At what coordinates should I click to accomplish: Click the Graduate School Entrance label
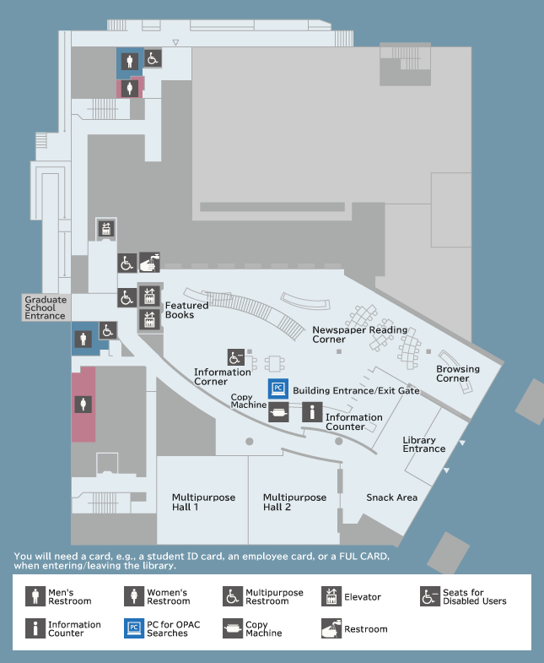[46, 307]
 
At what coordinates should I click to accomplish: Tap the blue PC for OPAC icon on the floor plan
[278, 389]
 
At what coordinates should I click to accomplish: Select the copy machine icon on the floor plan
[278, 412]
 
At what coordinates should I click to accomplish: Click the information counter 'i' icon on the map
[312, 412]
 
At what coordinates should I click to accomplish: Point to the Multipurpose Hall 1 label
[203, 502]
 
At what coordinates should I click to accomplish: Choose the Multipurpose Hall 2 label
[295, 502]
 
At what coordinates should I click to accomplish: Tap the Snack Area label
[392, 497]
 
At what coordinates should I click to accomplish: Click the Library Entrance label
[424, 444]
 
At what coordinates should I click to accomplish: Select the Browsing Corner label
[458, 373]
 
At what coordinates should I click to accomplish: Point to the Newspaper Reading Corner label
[360, 334]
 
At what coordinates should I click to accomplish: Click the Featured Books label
[186, 310]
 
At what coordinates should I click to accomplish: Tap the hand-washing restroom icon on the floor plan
[149, 262]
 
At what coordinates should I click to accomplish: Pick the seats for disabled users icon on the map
[235, 357]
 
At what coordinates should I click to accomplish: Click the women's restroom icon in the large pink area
[83, 405]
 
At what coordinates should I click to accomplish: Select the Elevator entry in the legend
[351, 596]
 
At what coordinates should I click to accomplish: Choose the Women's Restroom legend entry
[157, 596]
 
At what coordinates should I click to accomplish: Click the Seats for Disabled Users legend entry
[463, 596]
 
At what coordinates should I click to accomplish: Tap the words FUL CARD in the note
[364, 556]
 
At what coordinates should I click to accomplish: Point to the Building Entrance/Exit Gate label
[357, 390]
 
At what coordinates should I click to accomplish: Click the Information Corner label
[223, 377]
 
